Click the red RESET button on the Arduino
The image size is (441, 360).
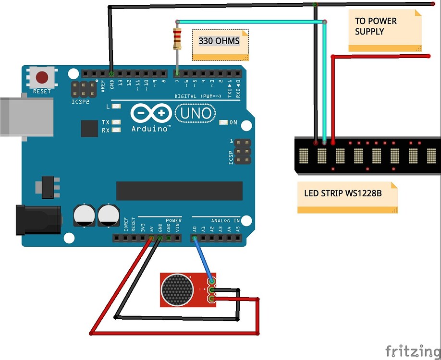43,77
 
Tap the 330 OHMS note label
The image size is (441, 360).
219,41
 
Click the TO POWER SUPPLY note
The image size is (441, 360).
376,26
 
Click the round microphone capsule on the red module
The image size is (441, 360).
177,289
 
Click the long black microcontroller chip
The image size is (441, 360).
179,191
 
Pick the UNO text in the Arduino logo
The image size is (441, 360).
195,113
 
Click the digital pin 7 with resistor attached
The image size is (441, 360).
177,73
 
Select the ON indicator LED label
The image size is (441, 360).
233,123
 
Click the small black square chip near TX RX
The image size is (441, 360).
89,128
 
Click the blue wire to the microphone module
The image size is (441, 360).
202,260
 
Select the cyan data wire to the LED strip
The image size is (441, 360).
250,21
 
